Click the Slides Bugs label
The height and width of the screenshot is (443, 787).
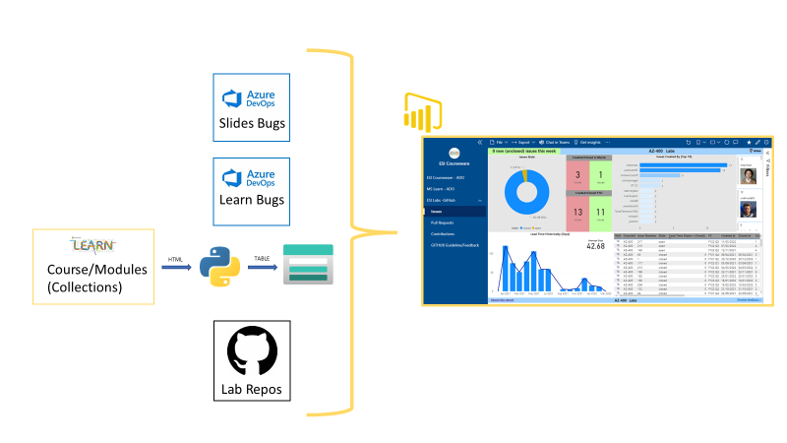pyautogui.click(x=251, y=125)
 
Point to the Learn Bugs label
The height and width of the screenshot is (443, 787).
pyautogui.click(x=251, y=201)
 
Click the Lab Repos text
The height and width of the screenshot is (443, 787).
pyautogui.click(x=251, y=389)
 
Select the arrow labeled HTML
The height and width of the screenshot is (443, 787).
pyautogui.click(x=177, y=267)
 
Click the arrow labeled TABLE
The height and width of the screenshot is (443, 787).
pyautogui.click(x=261, y=267)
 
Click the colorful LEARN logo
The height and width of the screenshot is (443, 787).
pyautogui.click(x=93, y=245)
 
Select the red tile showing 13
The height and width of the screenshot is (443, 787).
pyautogui.click(x=577, y=213)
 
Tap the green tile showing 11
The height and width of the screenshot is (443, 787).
pyautogui.click(x=600, y=213)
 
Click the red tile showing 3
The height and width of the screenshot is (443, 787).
pyautogui.click(x=577, y=175)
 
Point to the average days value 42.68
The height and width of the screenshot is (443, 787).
pyautogui.click(x=595, y=247)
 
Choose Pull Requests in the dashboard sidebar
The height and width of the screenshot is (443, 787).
pyautogui.click(x=443, y=222)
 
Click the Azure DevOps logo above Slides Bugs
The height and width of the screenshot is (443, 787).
pyautogui.click(x=251, y=97)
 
